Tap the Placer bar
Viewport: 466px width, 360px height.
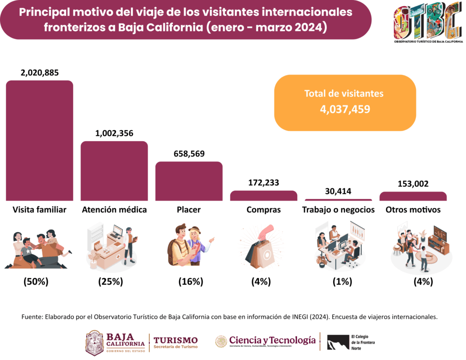[x=189, y=181]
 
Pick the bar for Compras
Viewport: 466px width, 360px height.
[x=263, y=196]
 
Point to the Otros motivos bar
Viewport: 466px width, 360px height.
[x=413, y=196]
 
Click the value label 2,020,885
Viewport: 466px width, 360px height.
[x=40, y=72]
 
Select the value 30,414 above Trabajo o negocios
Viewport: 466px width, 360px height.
[x=338, y=192]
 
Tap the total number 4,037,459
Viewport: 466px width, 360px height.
[x=344, y=109]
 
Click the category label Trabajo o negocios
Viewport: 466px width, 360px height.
[x=338, y=210]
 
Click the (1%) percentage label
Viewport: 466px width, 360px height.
[x=342, y=282]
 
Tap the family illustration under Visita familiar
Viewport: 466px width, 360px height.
[x=39, y=249]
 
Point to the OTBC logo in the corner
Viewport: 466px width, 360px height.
[x=428, y=23]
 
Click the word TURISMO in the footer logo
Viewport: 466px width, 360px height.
[x=176, y=340]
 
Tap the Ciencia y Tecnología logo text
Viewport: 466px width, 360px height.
[x=272, y=340]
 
